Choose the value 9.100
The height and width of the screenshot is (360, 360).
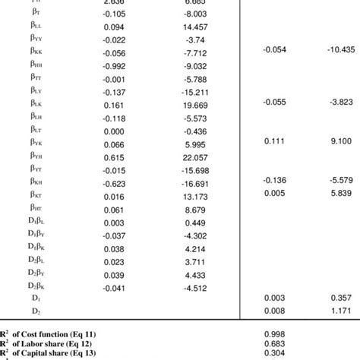point(335,141)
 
